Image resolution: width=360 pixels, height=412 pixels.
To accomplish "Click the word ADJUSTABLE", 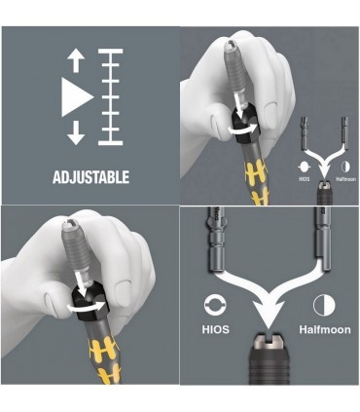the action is [x=90, y=177].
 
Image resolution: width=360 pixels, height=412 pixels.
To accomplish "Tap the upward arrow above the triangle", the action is [x=76, y=61].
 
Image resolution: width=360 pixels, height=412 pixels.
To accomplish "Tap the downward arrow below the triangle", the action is [x=76, y=132].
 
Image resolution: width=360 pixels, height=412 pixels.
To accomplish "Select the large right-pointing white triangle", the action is [x=78, y=97].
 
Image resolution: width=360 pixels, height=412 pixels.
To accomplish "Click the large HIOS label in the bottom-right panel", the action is [x=216, y=329].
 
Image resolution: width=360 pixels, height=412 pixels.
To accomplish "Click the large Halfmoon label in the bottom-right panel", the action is [x=325, y=329].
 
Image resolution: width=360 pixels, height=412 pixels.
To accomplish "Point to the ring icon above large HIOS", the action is [x=216, y=305].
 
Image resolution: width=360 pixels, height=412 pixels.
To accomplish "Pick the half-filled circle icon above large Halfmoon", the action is [x=324, y=305].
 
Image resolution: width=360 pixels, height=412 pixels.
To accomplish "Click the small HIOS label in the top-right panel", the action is [x=304, y=179].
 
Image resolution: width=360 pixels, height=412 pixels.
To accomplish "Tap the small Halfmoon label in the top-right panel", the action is [x=345, y=179].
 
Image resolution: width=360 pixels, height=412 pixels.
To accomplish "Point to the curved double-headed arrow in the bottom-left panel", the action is [x=87, y=307].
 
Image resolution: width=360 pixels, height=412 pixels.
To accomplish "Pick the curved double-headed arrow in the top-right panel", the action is [x=243, y=129].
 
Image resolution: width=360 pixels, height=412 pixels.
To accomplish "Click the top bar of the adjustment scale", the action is [x=111, y=51].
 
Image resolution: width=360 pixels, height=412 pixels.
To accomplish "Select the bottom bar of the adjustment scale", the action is [x=111, y=143].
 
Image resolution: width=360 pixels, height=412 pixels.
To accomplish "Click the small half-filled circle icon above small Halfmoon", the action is [x=345, y=167].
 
